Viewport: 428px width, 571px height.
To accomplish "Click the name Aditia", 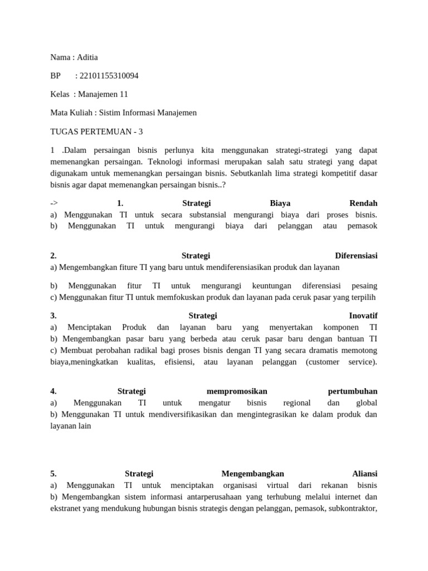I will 87,57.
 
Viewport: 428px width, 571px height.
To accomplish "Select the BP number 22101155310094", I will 109,76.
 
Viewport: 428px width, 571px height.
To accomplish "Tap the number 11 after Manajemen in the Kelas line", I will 123,94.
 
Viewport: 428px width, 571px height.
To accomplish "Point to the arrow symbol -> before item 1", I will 54,204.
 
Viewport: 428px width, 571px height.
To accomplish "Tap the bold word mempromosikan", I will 233,391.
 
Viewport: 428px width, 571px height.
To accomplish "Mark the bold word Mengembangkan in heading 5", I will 253,473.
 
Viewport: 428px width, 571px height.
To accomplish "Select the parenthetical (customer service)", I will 341,362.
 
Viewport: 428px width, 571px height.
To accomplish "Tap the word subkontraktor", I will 351,507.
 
